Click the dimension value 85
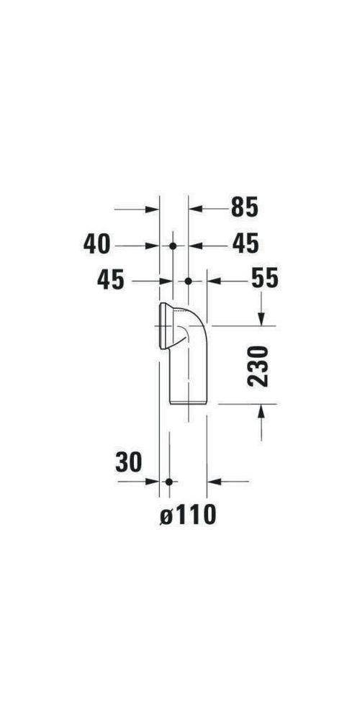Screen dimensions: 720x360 [x=244, y=208]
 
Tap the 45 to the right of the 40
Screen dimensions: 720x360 [x=245, y=245]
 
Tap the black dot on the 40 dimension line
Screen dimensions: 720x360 [x=172, y=246]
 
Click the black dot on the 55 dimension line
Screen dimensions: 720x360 [x=188, y=280]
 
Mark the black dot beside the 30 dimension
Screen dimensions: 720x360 [x=168, y=481]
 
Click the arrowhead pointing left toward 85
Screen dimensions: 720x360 [x=194, y=209]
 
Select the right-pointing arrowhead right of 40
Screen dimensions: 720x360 [x=153, y=246]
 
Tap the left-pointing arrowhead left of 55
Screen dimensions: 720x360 [x=214, y=280]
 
